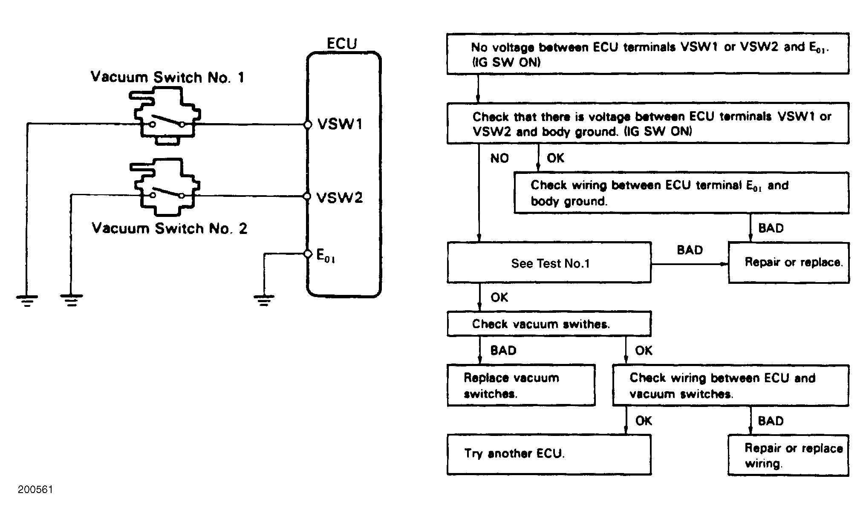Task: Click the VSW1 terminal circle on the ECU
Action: tap(307, 124)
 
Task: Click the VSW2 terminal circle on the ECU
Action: tap(307, 196)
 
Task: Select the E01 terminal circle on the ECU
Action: tap(308, 254)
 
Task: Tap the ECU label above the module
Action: tap(342, 43)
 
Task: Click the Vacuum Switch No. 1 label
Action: tap(167, 77)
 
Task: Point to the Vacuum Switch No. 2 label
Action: tap(170, 228)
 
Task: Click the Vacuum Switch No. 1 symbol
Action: tap(166, 116)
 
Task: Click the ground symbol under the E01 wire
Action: tap(264, 301)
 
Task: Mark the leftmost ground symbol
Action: tap(27, 301)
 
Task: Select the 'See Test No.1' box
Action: tap(549, 262)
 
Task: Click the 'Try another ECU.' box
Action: tap(549, 455)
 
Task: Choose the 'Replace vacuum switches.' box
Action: tap(521, 385)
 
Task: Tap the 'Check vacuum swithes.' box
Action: tap(549, 324)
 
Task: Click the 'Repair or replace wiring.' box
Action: tap(788, 455)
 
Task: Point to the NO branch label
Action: tap(499, 159)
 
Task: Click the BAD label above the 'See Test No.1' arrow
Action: tap(690, 250)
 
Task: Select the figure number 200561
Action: tap(35, 490)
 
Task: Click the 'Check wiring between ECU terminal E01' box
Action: tap(681, 193)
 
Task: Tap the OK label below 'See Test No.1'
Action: tap(499, 297)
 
